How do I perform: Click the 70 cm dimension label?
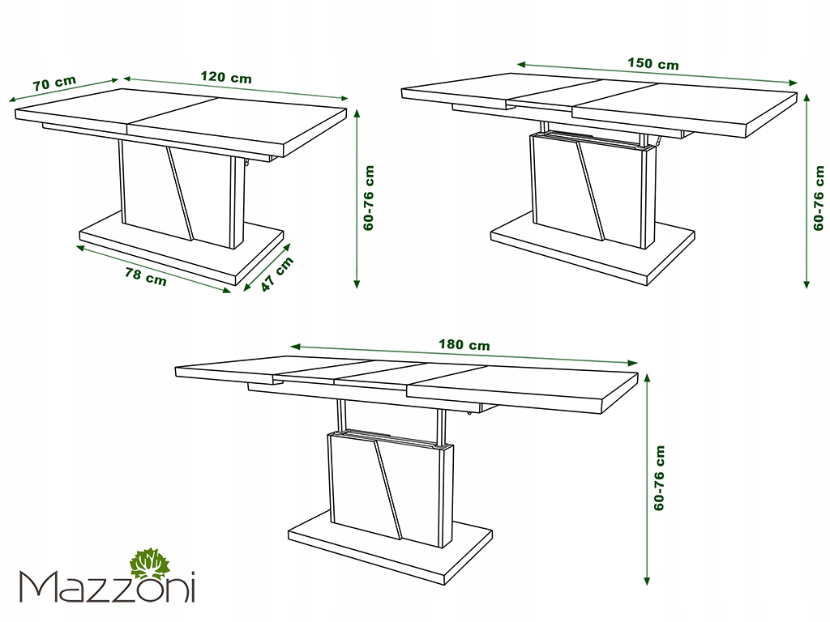54,83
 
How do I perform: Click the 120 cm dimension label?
226,77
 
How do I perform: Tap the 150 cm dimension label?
653,63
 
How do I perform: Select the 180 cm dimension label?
464,345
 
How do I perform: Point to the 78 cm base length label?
146,276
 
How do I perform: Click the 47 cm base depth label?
276,274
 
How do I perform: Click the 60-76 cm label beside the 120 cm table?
369,198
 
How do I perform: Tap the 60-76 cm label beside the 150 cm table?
819,198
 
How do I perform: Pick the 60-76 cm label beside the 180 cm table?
659,478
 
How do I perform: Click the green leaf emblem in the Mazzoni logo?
151,564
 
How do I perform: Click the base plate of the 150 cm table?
593,249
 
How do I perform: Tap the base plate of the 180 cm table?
390,547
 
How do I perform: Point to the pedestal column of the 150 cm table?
593,191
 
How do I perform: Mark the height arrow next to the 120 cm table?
357,198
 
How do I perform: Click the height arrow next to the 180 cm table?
647,479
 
